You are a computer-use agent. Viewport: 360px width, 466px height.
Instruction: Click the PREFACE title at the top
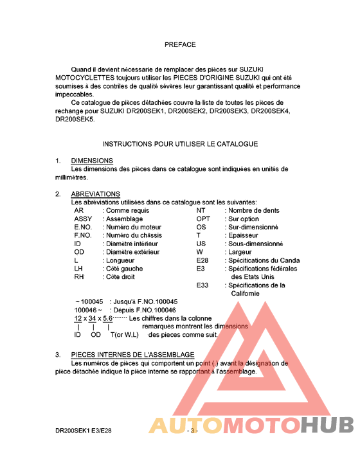pyautogui.click(x=180, y=45)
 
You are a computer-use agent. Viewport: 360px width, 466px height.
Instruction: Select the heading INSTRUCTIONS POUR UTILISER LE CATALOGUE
pyautogui.click(x=180, y=143)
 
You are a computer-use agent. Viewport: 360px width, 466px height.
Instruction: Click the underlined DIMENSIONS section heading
pyautogui.click(x=92, y=161)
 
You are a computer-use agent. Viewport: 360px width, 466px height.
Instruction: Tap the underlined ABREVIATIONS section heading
pyautogui.click(x=95, y=194)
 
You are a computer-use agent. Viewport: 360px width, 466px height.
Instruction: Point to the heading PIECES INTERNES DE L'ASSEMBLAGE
pyautogui.click(x=132, y=355)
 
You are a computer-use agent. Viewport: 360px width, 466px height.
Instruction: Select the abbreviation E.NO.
pyautogui.click(x=84, y=228)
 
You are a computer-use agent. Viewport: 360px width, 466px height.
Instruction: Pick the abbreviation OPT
pyautogui.click(x=203, y=219)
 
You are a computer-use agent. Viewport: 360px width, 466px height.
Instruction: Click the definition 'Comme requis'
pyautogui.click(x=127, y=211)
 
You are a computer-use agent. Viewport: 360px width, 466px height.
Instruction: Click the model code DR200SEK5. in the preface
pyautogui.click(x=75, y=119)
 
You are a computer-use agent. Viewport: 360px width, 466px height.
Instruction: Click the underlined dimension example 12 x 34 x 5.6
pyautogui.click(x=93, y=318)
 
